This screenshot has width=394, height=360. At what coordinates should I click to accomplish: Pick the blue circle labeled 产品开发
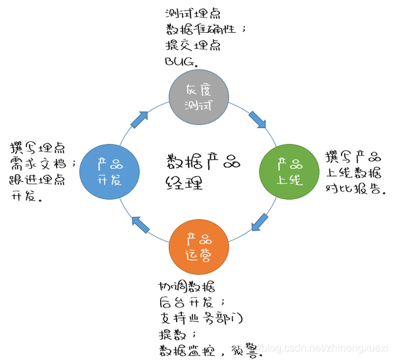[x=109, y=171]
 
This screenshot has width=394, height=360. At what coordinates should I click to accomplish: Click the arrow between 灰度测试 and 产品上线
[x=257, y=119]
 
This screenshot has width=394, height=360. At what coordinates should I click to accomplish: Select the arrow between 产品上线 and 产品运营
[x=260, y=222]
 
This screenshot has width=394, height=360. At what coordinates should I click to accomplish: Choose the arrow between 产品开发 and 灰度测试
[x=139, y=119]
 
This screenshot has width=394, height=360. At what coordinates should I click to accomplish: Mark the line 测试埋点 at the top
[x=192, y=12]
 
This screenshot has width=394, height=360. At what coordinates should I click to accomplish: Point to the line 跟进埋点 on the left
[x=37, y=179]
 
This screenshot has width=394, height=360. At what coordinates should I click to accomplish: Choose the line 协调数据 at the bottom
[x=186, y=288]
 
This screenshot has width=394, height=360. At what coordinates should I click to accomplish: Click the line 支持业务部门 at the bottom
[x=202, y=319]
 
